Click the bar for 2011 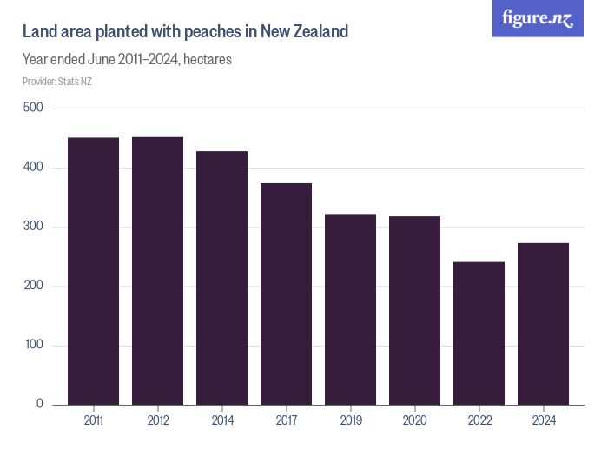[x=93, y=271]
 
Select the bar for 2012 [x=157, y=271]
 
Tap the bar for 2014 [x=221, y=278]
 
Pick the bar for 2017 [x=286, y=294]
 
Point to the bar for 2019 [x=350, y=309]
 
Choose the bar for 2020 [x=414, y=310]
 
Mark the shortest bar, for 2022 [x=479, y=334]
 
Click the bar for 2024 [x=543, y=324]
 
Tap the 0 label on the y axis [x=39, y=405]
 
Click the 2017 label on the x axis [x=286, y=420]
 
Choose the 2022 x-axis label [x=479, y=420]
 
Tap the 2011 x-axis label [x=93, y=420]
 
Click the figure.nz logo [x=538, y=19]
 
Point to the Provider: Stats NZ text [x=57, y=82]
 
